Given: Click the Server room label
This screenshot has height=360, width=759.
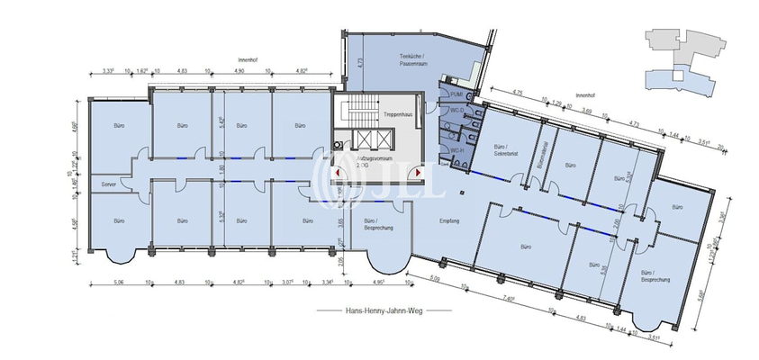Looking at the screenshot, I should pyautogui.click(x=110, y=184).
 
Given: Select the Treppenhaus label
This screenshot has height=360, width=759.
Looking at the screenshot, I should pyautogui.click(x=397, y=116).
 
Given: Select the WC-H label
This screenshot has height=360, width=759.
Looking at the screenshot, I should pyautogui.click(x=456, y=148).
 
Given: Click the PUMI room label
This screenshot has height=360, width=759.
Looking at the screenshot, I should pyautogui.click(x=456, y=94).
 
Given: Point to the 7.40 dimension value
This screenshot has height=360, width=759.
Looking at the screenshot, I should pyautogui.click(x=510, y=298).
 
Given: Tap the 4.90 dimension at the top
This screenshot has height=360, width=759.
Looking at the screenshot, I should pyautogui.click(x=239, y=70).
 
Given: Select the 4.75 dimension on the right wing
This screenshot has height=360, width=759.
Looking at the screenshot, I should pyautogui.click(x=518, y=93).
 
